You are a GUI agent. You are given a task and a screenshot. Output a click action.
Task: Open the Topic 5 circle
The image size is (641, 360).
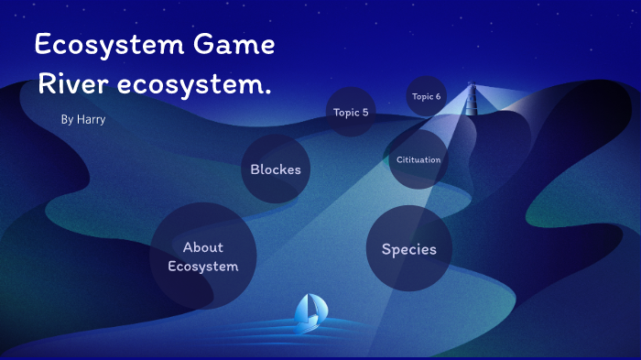click(x=352, y=112)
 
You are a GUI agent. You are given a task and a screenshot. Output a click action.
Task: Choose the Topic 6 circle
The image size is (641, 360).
click(x=426, y=96)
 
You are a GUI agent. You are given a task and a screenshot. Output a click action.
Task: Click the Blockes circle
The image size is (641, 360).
click(x=276, y=169)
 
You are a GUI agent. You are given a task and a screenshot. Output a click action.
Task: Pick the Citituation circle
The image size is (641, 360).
click(x=418, y=159)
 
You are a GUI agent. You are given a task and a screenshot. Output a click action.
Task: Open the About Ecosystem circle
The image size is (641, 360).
click(x=203, y=256)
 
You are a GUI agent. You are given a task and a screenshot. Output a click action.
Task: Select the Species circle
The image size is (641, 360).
click(x=408, y=248)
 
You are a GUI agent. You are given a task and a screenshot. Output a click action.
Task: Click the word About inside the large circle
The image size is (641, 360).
click(x=202, y=247)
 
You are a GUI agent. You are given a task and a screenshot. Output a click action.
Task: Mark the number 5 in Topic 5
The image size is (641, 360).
click(x=365, y=113)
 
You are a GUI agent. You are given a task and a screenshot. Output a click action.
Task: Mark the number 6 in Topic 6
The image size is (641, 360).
click(x=438, y=96)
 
